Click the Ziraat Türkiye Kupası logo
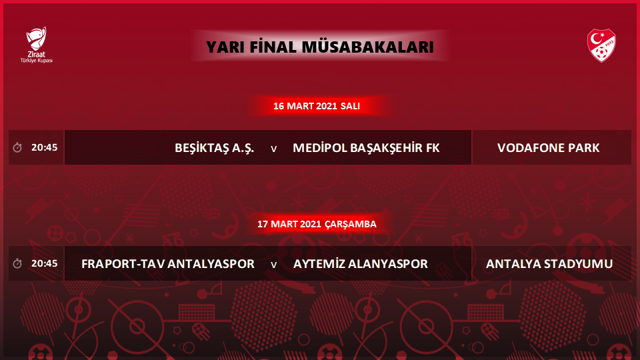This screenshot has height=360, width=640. point(37,45)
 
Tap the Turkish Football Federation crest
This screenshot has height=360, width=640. point(601,45)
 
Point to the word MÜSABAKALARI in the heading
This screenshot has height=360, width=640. point(367,47)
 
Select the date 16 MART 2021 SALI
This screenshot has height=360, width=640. point(316,106)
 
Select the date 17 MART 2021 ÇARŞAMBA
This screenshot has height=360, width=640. point(317,224)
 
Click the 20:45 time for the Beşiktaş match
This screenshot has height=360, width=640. point(45,147)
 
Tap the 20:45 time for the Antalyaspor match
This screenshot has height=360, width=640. point(45,263)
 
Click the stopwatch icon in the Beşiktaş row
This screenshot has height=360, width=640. point(17,147)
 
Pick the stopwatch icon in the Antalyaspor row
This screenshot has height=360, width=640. point(17,263)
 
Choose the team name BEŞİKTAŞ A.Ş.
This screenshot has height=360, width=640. point(214,148)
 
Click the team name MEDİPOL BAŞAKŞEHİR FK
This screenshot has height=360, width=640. point(366,148)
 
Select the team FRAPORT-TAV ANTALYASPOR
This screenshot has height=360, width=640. point(168,264)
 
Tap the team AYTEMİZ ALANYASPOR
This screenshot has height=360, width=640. point(361,264)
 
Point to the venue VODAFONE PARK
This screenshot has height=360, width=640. point(548,148)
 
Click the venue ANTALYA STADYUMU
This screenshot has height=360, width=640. point(549,264)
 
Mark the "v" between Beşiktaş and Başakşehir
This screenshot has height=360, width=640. point(274,149)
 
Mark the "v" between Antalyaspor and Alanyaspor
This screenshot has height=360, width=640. point(274,265)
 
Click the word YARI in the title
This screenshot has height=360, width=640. point(225,47)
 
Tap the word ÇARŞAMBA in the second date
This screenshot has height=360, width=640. point(351,224)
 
